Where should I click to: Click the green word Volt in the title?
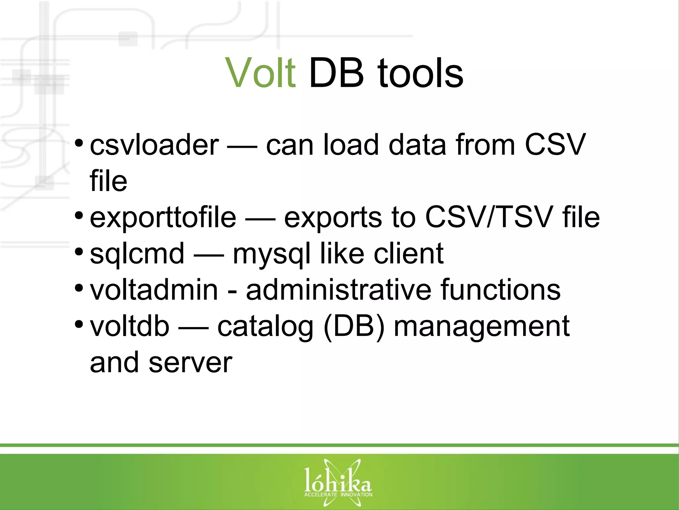pyautogui.click(x=260, y=73)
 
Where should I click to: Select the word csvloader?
pyautogui.click(x=154, y=145)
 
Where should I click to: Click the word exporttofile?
pyautogui.click(x=163, y=217)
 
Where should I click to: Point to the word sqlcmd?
pyautogui.click(x=137, y=254)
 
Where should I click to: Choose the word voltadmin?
pyautogui.click(x=154, y=290)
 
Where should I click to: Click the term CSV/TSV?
pyautogui.click(x=489, y=217)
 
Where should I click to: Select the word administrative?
pyautogui.click(x=339, y=290)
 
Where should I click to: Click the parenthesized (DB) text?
pyautogui.click(x=354, y=327)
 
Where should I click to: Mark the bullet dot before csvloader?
pyautogui.click(x=79, y=143)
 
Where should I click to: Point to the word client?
pyautogui.click(x=408, y=254)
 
